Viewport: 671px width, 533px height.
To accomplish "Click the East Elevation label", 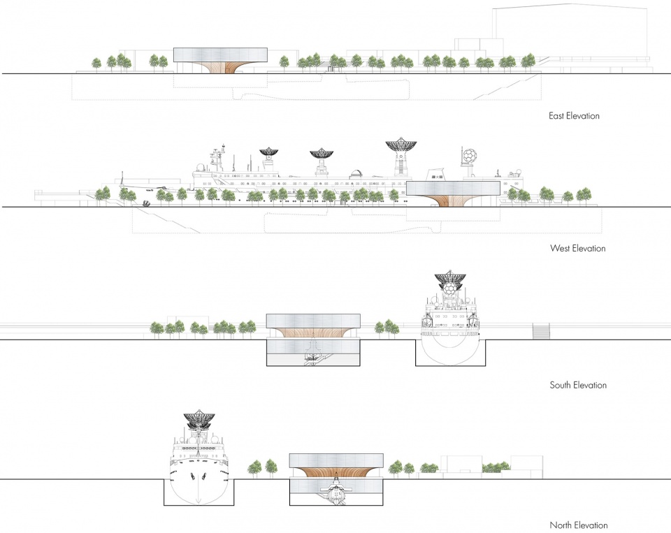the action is [574, 115].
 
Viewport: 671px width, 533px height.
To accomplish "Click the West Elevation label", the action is [578, 248].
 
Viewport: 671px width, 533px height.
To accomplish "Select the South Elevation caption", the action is [578, 385].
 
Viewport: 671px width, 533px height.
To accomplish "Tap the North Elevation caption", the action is [579, 525].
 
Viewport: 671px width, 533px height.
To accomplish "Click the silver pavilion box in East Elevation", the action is [220, 55].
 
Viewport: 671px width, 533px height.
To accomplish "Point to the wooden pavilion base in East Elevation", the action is [220, 68].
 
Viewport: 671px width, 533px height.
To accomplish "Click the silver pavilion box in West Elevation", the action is [453, 188].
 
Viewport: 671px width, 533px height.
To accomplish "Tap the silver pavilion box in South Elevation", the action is [313, 321].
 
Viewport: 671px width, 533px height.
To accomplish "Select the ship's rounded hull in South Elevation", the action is [451, 344].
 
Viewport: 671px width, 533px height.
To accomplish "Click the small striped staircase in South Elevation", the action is [541, 330].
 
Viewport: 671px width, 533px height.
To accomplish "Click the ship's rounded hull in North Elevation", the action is [199, 483].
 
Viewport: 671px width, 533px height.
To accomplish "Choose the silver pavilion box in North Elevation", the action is [336, 461].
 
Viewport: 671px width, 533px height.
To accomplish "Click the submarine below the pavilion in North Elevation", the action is [337, 491].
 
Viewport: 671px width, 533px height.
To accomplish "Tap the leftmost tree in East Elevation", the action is [96, 64].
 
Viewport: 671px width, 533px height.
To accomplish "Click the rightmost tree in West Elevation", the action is [584, 195].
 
